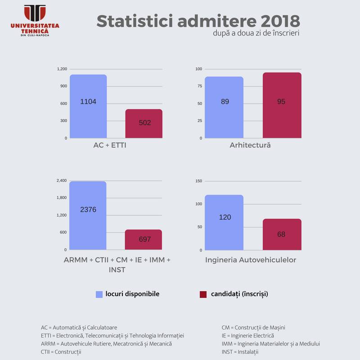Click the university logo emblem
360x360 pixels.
pos(35,13)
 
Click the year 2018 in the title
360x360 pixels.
pos(280,21)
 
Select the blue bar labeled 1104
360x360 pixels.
pos(88,106)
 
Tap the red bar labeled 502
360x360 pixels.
pos(144,123)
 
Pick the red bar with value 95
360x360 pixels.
pos(282,105)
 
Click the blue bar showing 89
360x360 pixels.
pos(224,108)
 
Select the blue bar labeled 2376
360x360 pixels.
pos(88,216)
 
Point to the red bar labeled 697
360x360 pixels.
pos(144,239)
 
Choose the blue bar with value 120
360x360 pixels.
pos(224,222)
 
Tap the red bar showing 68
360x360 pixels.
pos(282,234)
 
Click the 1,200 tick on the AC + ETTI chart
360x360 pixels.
pos(62,69)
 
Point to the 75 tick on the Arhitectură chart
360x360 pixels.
pos(200,86)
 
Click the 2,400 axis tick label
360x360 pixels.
pos(62,181)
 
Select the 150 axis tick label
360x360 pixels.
pos(199,181)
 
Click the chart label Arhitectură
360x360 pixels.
pos(250,145)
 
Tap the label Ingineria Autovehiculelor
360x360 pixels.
pos(251,260)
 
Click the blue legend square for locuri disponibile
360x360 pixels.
pos(99,294)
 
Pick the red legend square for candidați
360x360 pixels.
pos(203,294)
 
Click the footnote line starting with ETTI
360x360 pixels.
pos(112,336)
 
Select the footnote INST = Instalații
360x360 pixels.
pos(240,352)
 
